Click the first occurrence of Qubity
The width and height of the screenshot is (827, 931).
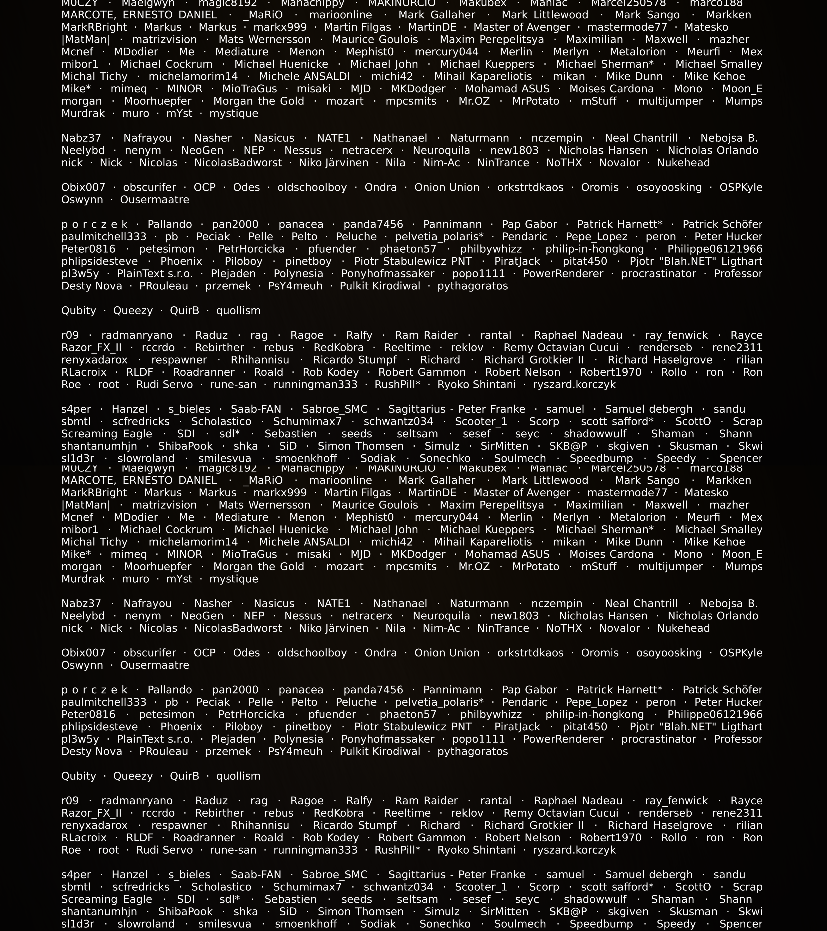coord(79,311)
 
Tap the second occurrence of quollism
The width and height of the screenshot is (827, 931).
coord(238,776)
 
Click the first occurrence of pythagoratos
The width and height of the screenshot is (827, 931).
coord(472,286)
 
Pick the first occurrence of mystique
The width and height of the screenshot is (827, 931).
coord(233,113)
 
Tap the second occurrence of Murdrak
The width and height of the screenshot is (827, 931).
coord(83,579)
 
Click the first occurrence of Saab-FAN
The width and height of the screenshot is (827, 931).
coord(256,409)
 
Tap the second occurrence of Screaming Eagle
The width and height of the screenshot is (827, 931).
coord(106,900)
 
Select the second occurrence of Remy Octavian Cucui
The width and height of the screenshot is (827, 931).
coord(561,813)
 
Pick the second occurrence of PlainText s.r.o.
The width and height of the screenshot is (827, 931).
coord(155,739)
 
